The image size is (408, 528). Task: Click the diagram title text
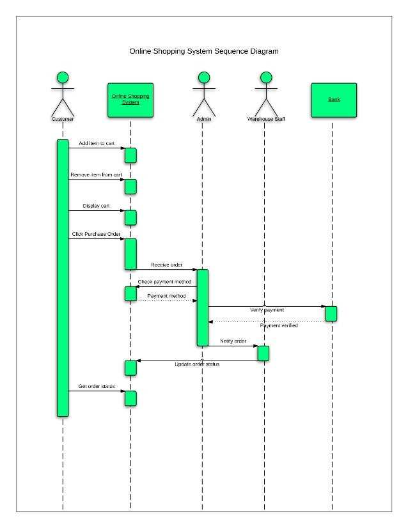tap(204, 51)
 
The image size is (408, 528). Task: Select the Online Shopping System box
tap(130, 100)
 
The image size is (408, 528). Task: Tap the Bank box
tap(334, 100)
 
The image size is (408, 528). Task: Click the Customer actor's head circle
tap(63, 77)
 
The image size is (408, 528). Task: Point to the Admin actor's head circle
tap(203, 77)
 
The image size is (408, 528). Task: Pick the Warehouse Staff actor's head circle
tap(265, 77)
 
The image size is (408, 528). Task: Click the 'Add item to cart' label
tap(97, 144)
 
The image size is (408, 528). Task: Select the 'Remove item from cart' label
tap(97, 175)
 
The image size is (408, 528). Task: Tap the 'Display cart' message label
tap(97, 206)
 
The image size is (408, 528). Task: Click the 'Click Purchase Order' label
tap(97, 235)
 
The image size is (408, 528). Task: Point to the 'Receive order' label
tap(167, 265)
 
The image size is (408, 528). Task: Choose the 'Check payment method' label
tap(164, 282)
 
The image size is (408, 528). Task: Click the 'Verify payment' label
tap(267, 310)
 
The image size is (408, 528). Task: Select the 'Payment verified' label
tap(279, 326)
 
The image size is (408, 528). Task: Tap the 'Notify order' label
tap(233, 341)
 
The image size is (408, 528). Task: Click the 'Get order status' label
tap(97, 387)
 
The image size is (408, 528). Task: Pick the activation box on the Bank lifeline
tap(331, 314)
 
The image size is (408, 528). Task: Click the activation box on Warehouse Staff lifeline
tap(263, 353)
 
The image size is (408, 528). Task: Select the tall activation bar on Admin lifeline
tap(203, 308)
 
